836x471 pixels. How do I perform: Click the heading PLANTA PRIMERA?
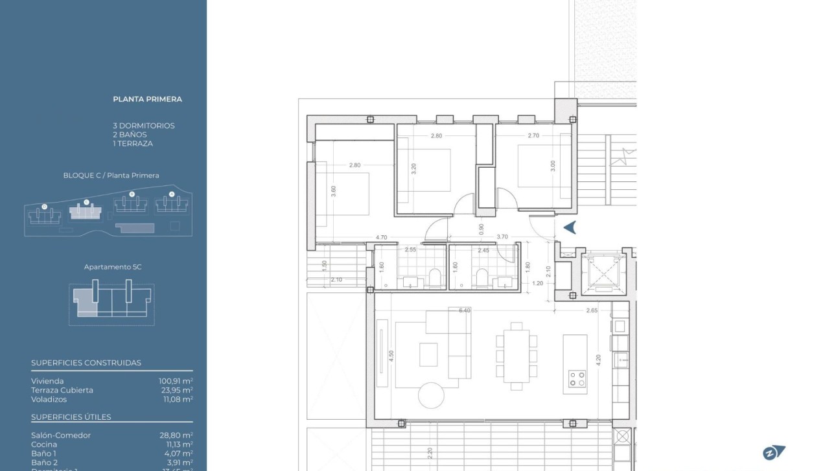[x=147, y=99]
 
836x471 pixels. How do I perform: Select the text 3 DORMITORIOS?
[x=143, y=126]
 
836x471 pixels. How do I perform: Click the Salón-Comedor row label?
[x=61, y=435]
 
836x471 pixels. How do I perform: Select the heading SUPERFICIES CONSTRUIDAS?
[x=86, y=363]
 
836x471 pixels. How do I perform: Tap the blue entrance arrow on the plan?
[x=570, y=227]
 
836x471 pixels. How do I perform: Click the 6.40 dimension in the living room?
[x=464, y=310]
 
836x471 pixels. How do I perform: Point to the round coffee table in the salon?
[x=431, y=394]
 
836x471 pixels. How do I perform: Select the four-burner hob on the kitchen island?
[x=577, y=378]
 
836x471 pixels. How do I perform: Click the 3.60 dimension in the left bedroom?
[x=334, y=192]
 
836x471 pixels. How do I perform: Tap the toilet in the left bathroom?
[x=434, y=278]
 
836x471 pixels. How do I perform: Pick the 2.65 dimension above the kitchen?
[x=591, y=310]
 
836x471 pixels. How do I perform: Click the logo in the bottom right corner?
[x=773, y=453]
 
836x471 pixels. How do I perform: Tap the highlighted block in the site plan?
[x=86, y=212]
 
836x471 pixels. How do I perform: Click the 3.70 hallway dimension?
[x=502, y=237]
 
